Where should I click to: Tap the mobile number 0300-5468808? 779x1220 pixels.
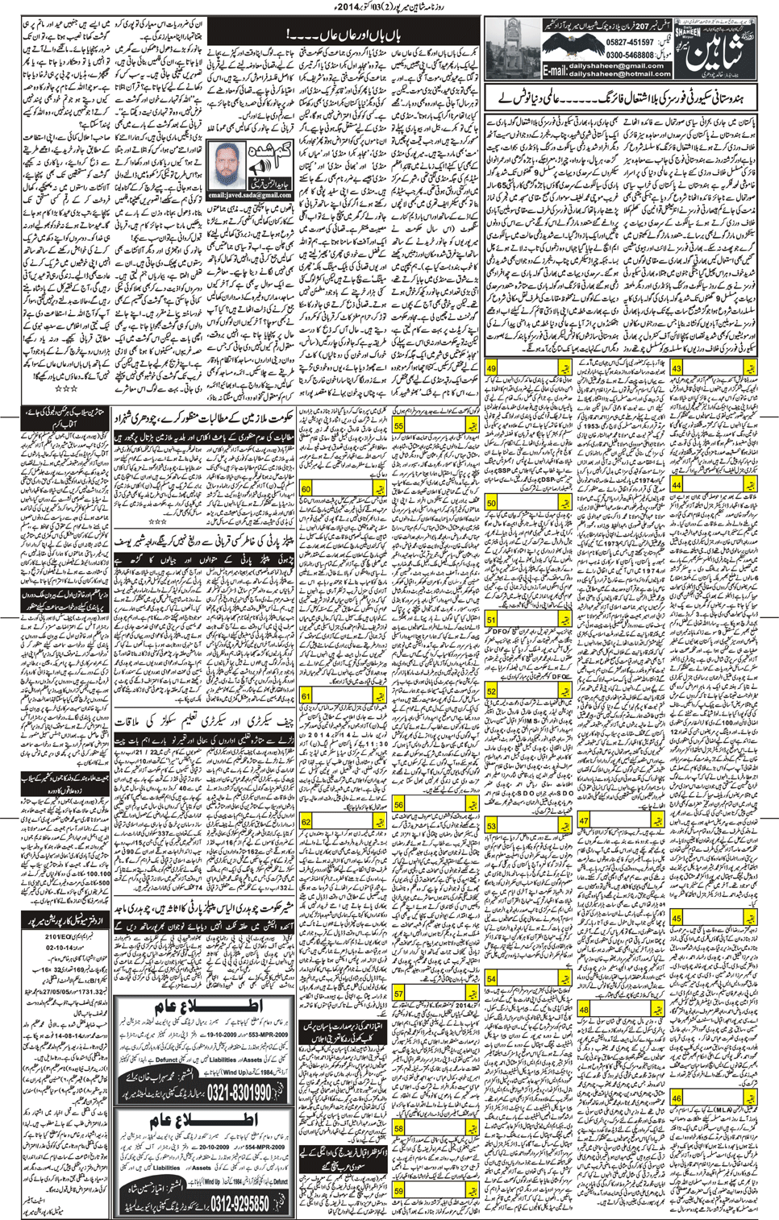coord(629,55)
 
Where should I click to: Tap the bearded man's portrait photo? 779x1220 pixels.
coord(228,165)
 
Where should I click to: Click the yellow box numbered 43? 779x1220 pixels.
coord(677,368)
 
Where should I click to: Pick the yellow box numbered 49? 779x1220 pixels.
coord(491,368)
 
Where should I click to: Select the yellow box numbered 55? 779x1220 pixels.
coord(398,426)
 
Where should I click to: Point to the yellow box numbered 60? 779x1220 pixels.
coord(306,489)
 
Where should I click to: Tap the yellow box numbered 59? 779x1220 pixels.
coord(398,1192)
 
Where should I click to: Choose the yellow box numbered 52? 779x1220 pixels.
coord(491,691)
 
